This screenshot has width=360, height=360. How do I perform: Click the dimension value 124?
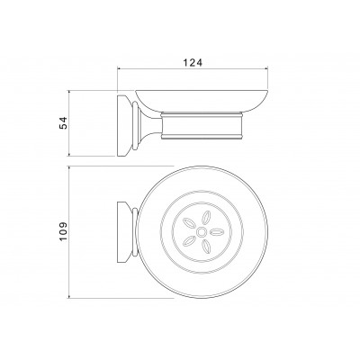pyautogui.click(x=193, y=63)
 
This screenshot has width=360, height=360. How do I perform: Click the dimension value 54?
pyautogui.click(x=64, y=123)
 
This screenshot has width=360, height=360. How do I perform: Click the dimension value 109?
pyautogui.click(x=64, y=231)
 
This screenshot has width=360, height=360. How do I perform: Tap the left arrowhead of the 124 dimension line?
pyautogui.click(x=119, y=69)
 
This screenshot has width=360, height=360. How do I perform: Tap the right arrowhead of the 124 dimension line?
pyautogui.click(x=265, y=69)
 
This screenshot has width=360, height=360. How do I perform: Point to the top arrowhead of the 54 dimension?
pyautogui.click(x=69, y=92)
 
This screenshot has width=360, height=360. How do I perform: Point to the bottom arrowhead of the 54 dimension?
pyautogui.click(x=69, y=154)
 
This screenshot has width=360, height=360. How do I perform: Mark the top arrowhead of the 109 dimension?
pyautogui.click(x=69, y=168)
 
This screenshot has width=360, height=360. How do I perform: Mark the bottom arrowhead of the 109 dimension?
pyautogui.click(x=69, y=296)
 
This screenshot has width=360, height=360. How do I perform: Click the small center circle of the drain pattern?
pyautogui.click(x=202, y=231)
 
